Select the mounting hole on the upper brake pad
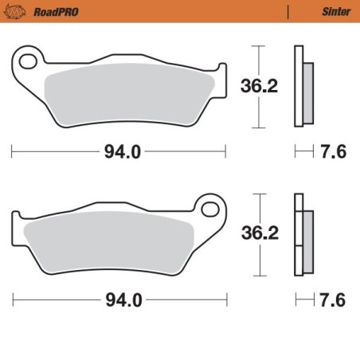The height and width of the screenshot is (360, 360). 29,61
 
